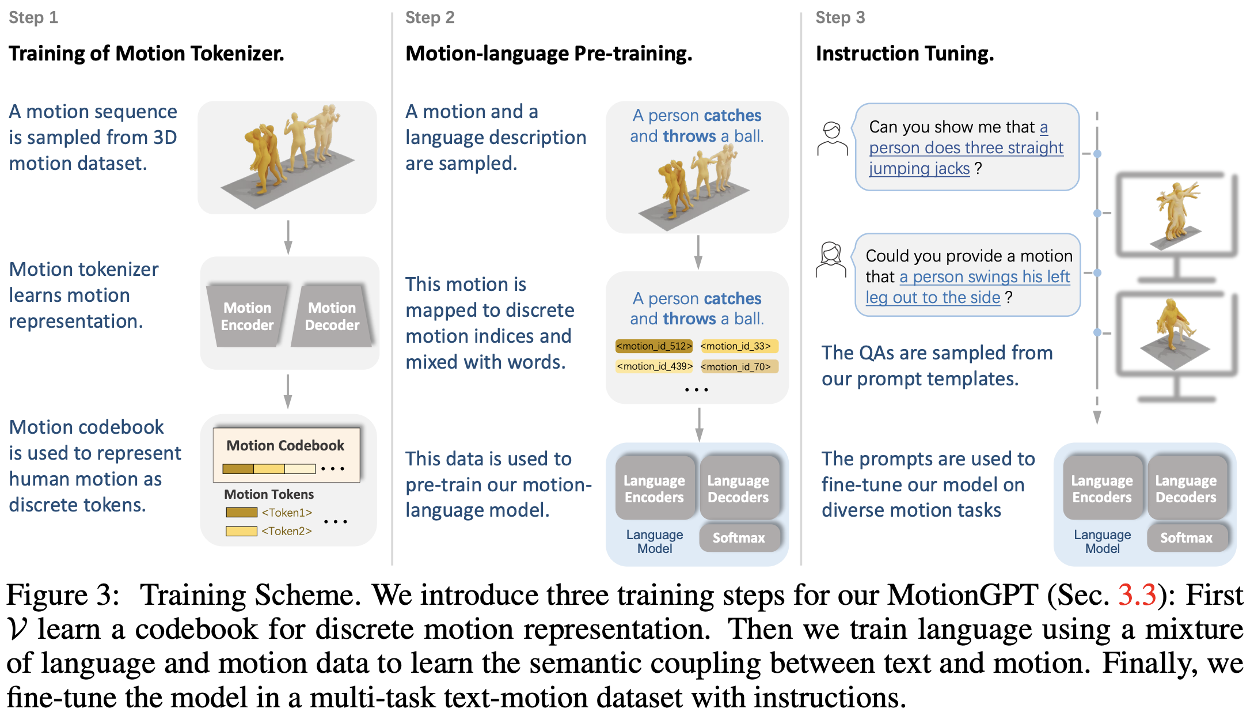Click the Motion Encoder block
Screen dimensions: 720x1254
(247, 316)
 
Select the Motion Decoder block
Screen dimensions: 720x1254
(332, 316)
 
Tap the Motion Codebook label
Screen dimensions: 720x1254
(285, 445)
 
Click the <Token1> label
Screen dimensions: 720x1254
(286, 512)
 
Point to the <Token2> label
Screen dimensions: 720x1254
(286, 530)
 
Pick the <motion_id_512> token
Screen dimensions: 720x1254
(654, 346)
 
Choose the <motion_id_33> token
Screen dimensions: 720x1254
(739, 346)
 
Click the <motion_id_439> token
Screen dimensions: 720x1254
(654, 366)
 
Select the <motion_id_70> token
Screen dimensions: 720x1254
(739, 366)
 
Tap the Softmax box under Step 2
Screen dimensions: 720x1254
(739, 537)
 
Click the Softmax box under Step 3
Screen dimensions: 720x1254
(1186, 537)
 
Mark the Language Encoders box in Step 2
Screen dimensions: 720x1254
(654, 488)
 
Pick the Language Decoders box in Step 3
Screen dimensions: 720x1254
(1186, 488)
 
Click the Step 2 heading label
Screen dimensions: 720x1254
(430, 17)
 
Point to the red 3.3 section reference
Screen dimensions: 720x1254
(1137, 594)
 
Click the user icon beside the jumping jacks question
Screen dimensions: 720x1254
(832, 139)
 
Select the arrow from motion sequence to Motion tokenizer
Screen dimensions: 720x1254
(288, 237)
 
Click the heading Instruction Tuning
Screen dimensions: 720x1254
(905, 54)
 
